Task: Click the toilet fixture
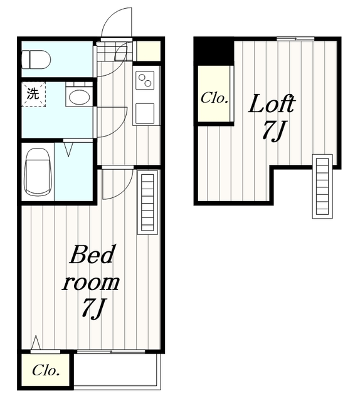click(x=36, y=60)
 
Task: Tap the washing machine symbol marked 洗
click(x=33, y=94)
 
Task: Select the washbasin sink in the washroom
click(x=79, y=96)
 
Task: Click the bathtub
click(x=38, y=172)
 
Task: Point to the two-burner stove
click(x=145, y=80)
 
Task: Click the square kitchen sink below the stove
click(x=145, y=113)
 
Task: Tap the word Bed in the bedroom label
click(x=92, y=254)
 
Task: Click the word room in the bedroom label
click(x=91, y=283)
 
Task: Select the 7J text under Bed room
click(x=93, y=308)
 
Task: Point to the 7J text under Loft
click(x=273, y=131)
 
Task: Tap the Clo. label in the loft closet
click(x=214, y=98)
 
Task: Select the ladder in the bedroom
click(x=147, y=202)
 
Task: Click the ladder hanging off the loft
click(x=322, y=186)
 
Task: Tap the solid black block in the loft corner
click(x=214, y=51)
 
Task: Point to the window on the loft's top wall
click(x=295, y=39)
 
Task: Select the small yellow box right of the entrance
click(x=149, y=51)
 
